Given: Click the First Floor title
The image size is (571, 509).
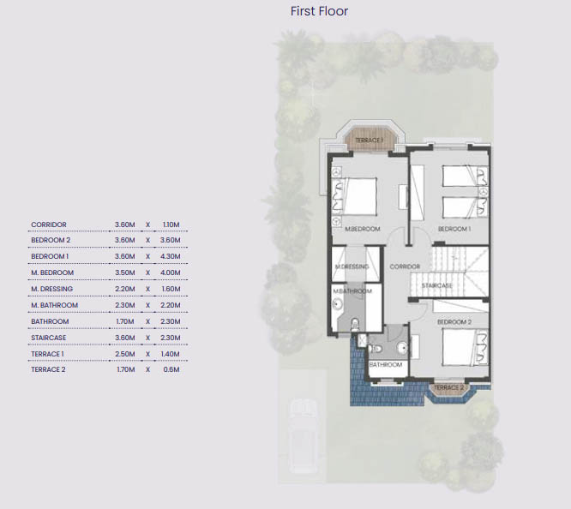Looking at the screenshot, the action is coord(319,11).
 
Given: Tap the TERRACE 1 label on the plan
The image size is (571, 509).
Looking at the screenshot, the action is coord(369,141).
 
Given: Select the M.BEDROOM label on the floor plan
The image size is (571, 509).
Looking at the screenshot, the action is coord(363,229).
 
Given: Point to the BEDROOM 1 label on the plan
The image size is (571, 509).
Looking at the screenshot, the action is coord(454,229).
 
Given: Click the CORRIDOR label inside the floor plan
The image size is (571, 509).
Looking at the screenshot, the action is coord(405,266).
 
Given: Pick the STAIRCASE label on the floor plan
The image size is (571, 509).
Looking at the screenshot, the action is coord(437,285).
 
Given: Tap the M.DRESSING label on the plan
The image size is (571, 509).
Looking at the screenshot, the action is coord(352,266).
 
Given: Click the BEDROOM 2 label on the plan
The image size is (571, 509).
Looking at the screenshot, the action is coord(454,322).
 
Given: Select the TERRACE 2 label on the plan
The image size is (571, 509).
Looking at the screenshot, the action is coord(449,388).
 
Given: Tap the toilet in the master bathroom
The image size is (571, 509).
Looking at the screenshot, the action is coord(354,324).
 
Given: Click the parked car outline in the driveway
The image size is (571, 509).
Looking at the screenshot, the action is coord(302,436).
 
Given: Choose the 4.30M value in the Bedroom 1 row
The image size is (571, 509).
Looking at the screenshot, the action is coord(171,256).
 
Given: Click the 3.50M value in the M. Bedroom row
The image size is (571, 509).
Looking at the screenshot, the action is coord(125,272).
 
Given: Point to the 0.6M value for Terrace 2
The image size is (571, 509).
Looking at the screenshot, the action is coord(171,369).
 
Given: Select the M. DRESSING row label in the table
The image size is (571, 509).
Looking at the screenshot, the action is coord(51,289).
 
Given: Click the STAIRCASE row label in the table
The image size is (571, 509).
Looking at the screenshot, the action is coord(48,338).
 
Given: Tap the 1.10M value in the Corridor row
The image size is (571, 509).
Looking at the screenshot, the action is coord(171,225).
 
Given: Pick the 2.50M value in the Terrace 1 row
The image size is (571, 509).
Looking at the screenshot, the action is coord(125,354).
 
